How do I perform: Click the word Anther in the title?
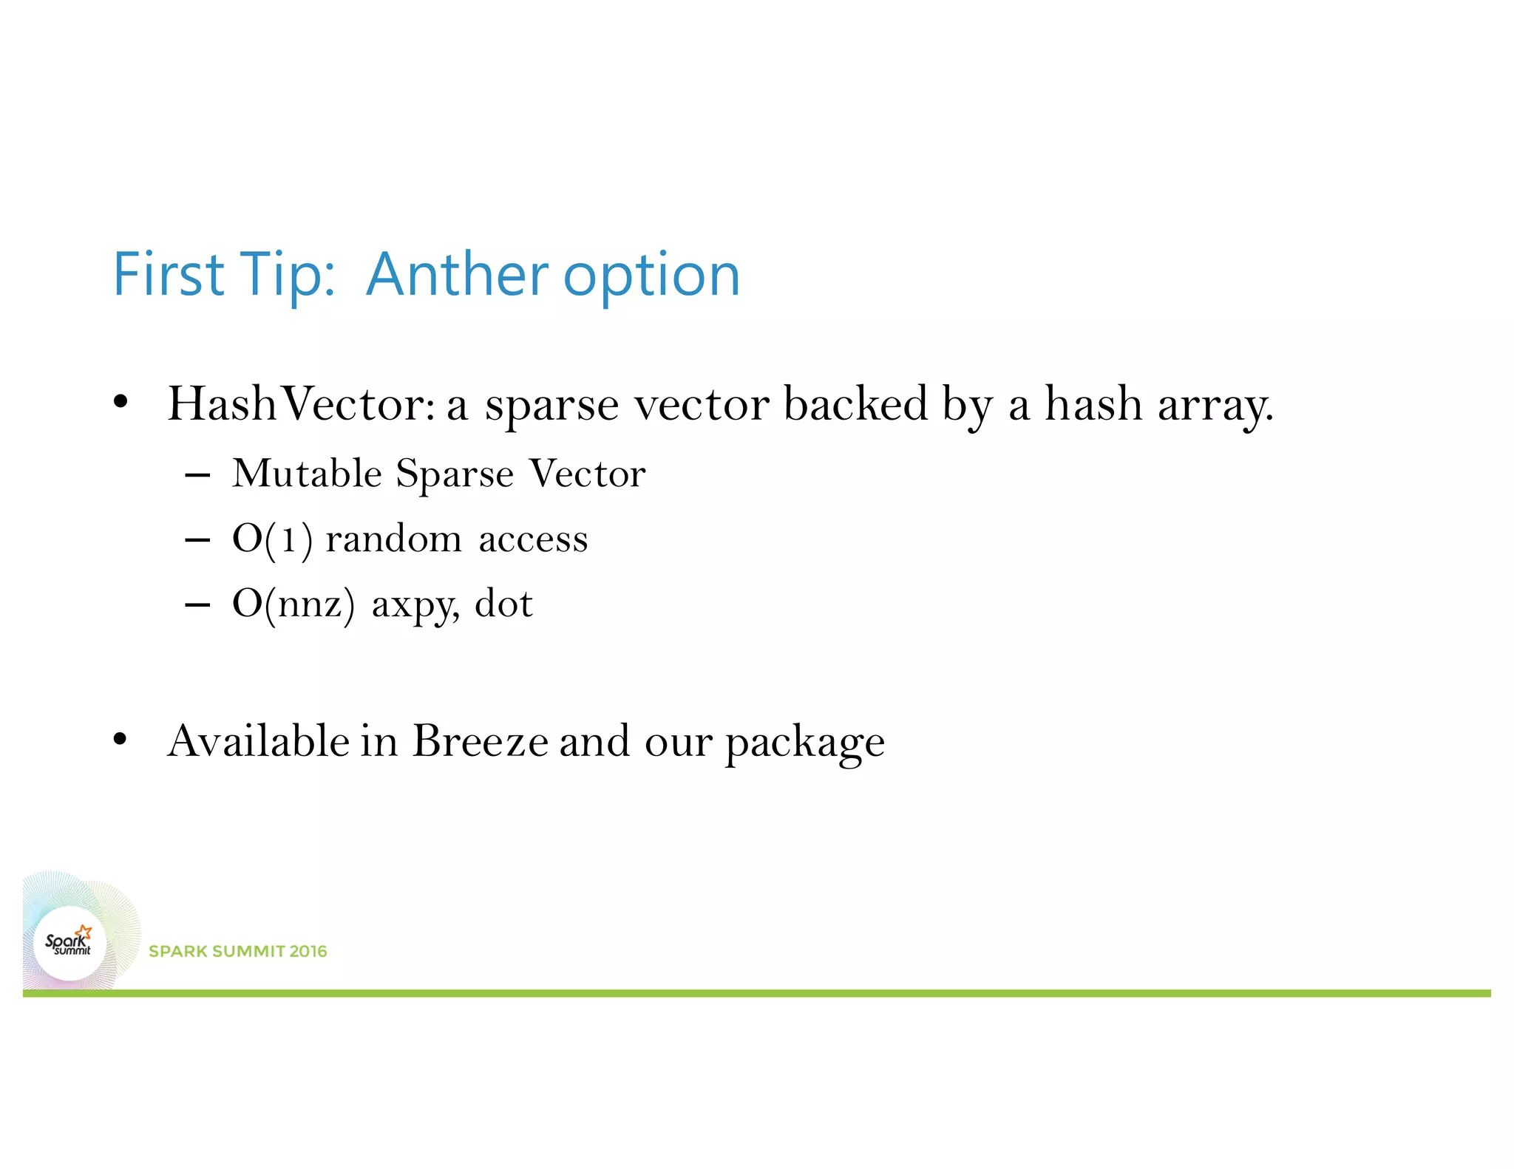click(x=456, y=275)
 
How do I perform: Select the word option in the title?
click(x=651, y=277)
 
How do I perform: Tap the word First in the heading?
click(x=169, y=275)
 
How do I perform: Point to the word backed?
click(x=855, y=404)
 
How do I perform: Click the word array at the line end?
click(x=1215, y=406)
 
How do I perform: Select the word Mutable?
click(x=307, y=473)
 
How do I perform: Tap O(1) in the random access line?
click(x=271, y=539)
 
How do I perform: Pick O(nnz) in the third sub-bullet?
click(x=293, y=604)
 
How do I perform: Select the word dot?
click(x=503, y=604)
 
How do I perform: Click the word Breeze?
click(x=480, y=741)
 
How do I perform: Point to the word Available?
click(x=259, y=741)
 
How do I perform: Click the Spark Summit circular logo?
click(x=69, y=944)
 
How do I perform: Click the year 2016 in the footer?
click(x=308, y=951)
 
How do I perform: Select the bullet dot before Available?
click(x=120, y=739)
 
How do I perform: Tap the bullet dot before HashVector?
click(x=120, y=403)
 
